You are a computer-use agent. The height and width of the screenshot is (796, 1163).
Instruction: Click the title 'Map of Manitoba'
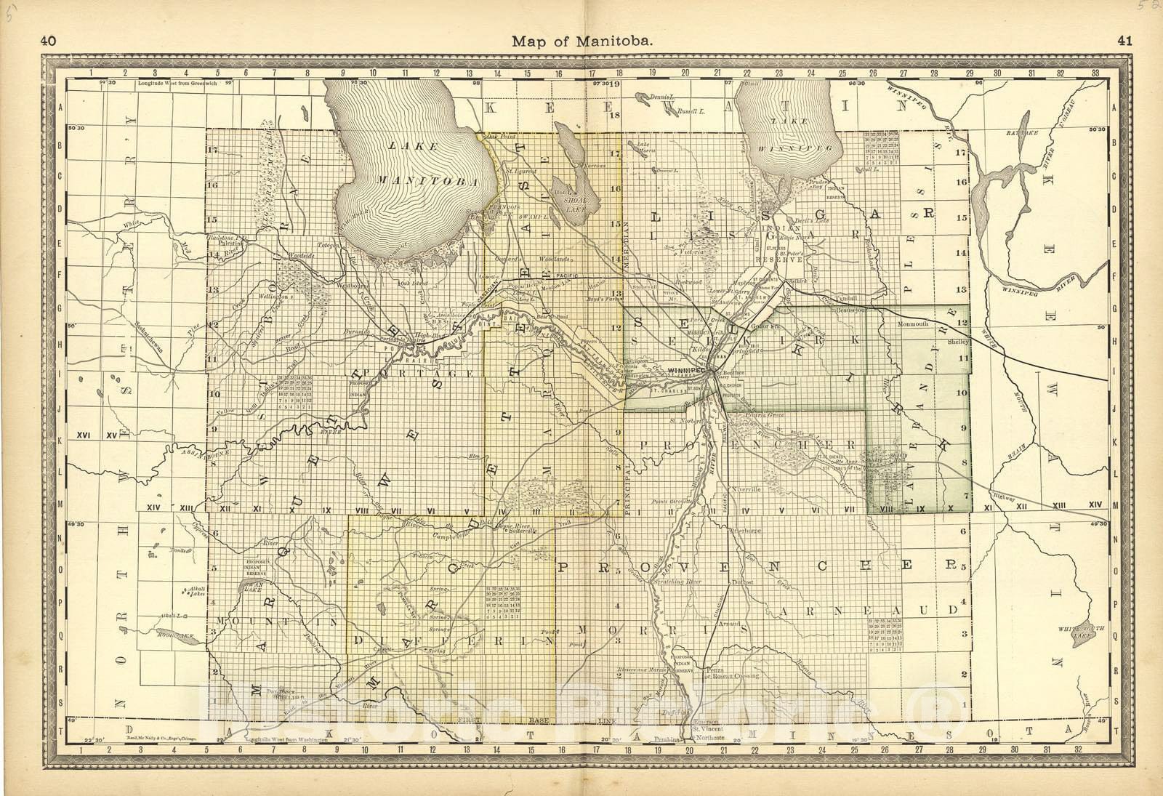582,41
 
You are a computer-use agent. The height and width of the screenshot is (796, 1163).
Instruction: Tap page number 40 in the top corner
49,41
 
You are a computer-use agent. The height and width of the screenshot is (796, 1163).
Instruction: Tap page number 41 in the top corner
1124,41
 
